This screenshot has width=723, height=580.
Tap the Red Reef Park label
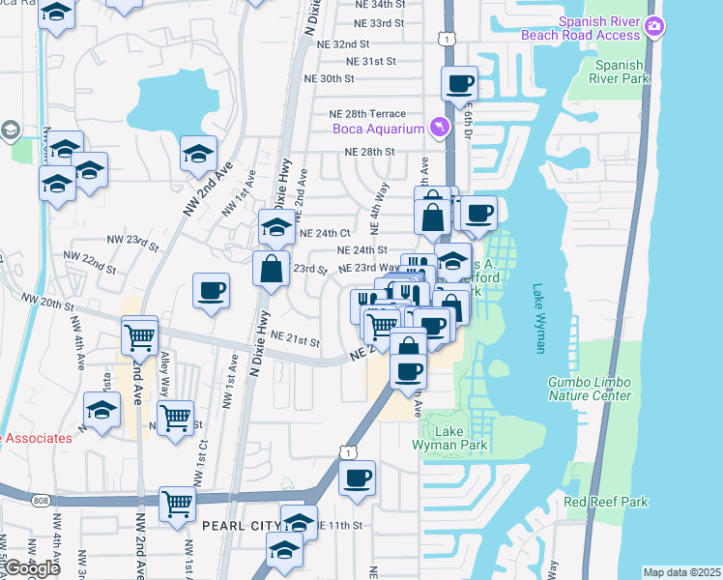[606, 502]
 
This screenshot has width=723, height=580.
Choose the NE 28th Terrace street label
[367, 114]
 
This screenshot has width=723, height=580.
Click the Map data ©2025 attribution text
[681, 572]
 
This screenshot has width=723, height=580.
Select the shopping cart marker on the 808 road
[178, 504]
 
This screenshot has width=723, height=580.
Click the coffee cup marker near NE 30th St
[460, 83]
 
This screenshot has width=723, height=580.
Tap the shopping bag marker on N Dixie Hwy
[272, 268]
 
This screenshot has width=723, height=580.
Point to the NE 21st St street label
[295, 339]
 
